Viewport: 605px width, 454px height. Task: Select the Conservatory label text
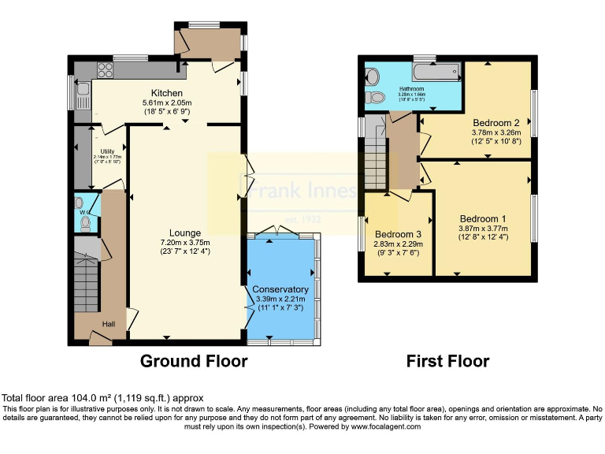(x=280, y=289)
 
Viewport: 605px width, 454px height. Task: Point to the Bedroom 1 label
(x=483, y=218)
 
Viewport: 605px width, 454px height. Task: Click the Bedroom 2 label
(x=496, y=123)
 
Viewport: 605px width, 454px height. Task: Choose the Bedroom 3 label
(x=398, y=234)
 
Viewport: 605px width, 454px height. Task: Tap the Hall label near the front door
(x=108, y=324)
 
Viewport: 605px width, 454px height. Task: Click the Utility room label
(x=107, y=151)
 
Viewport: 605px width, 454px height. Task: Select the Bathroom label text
(x=411, y=89)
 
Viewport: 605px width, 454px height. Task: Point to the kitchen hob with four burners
(x=104, y=68)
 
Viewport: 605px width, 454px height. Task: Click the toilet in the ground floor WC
(x=86, y=223)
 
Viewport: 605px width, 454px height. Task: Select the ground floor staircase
(x=84, y=279)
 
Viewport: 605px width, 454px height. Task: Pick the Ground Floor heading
(x=193, y=362)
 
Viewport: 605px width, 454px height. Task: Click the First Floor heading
(x=447, y=362)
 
